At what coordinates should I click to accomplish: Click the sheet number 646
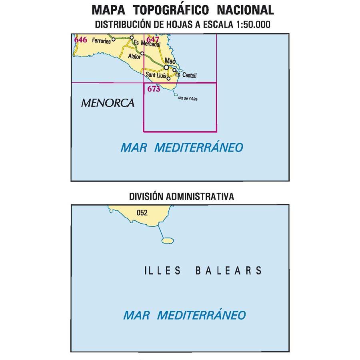click(x=81, y=39)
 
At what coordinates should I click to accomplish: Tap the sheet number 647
click(x=153, y=39)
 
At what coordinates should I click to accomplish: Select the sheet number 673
click(x=154, y=89)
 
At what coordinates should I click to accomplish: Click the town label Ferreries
click(x=101, y=40)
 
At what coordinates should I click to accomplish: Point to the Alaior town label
click(x=134, y=57)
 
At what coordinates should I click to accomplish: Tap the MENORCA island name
click(x=107, y=103)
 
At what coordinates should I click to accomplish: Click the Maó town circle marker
click(x=167, y=67)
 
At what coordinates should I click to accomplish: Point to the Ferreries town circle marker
click(x=113, y=39)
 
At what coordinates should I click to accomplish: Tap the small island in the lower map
click(x=167, y=240)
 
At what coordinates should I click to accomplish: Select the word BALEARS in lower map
click(x=228, y=271)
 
